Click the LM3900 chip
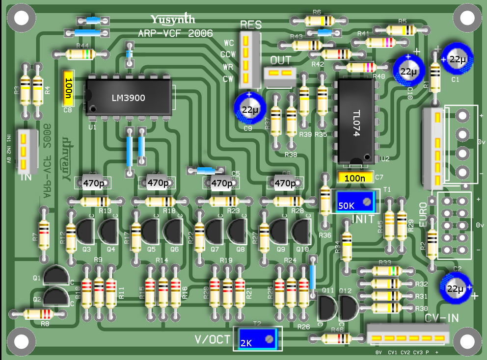[129, 97]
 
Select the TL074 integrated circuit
[357, 121]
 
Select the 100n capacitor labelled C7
[355, 177]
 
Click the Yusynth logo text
[173, 20]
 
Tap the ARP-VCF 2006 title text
[175, 33]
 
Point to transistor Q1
[56, 276]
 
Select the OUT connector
[280, 74]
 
